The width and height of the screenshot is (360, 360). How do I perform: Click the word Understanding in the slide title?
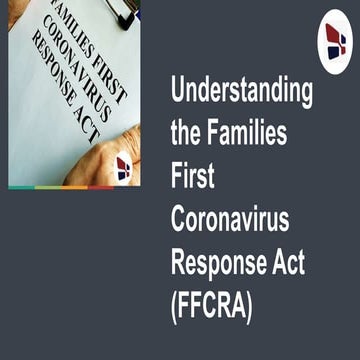point(241,92)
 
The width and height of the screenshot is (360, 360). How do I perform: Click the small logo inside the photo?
point(123,167)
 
